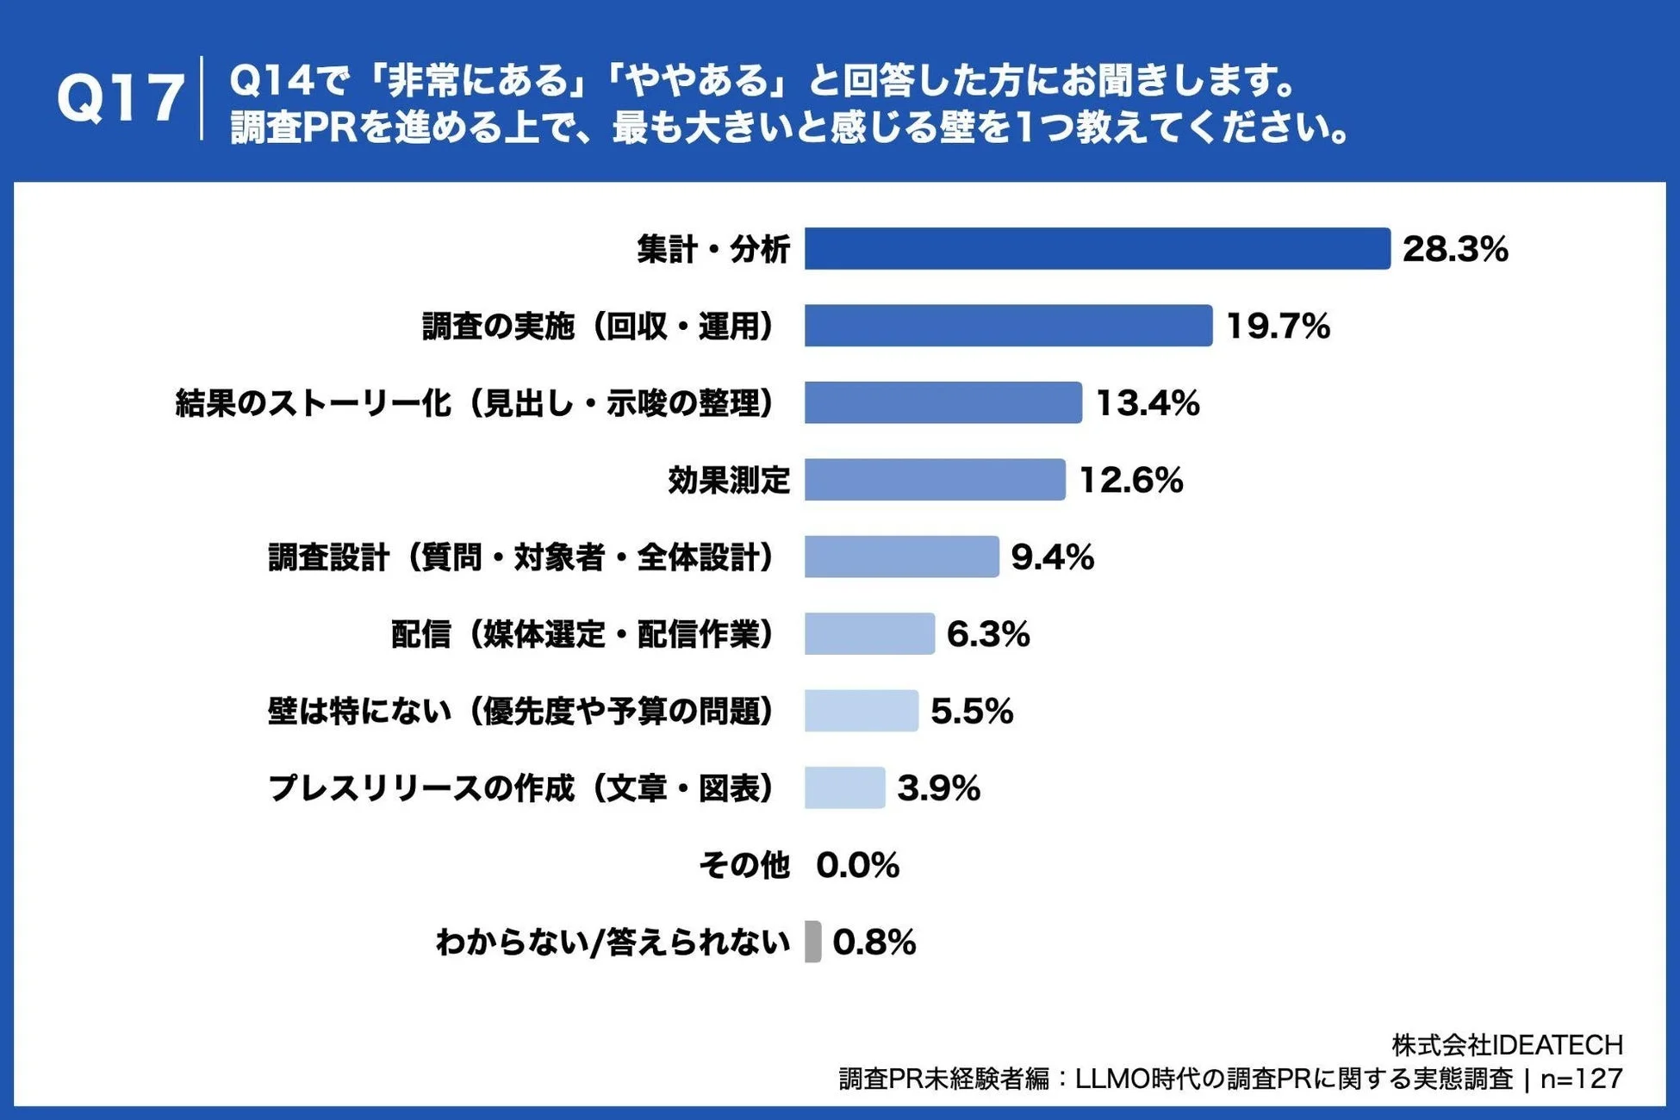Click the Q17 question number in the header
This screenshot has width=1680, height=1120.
click(x=120, y=97)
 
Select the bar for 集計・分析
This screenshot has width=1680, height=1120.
click(x=1097, y=249)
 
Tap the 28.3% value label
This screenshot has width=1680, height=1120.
click(x=1455, y=249)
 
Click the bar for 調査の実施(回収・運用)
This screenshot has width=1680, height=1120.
click(x=1008, y=326)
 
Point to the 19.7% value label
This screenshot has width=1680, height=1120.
click(x=1278, y=326)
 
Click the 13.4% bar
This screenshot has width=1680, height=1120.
click(x=943, y=403)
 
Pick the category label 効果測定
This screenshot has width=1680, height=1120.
click(x=729, y=480)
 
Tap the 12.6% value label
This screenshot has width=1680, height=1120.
click(x=1130, y=480)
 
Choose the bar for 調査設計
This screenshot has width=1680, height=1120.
click(x=901, y=557)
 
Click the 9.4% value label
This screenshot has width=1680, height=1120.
click(x=1052, y=557)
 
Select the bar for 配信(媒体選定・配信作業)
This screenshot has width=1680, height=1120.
click(x=869, y=634)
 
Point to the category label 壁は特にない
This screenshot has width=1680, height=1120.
click(x=520, y=712)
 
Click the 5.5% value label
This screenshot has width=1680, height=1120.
click(x=971, y=712)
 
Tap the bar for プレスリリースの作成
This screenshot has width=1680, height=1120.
click(x=844, y=788)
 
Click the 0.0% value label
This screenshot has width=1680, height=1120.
click(x=857, y=865)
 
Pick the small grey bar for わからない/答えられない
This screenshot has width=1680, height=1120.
click(x=812, y=942)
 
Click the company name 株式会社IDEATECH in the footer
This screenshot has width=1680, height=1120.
click(x=1507, y=1045)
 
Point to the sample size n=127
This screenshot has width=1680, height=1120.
click(x=1581, y=1079)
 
